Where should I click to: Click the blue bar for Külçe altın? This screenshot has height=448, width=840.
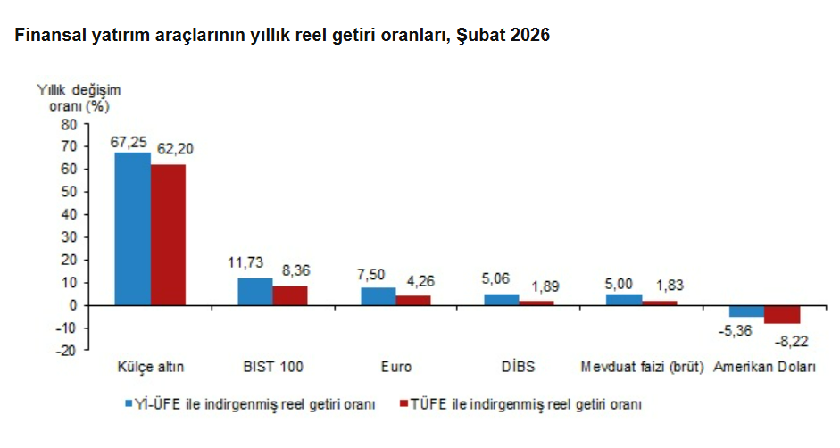coord(132,228)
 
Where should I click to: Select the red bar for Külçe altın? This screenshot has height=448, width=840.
coord(168,235)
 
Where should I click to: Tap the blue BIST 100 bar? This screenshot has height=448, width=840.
coord(255,292)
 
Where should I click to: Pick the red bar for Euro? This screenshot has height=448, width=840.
coord(413,301)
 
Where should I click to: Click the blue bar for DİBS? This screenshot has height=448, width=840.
coord(501,300)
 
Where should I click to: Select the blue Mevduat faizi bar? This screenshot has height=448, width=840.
coord(624,300)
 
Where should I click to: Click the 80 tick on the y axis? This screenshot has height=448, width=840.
coord(69,124)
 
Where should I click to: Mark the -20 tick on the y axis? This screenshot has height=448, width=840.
coord(65,351)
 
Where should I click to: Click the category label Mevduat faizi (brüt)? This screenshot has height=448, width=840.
coord(642,367)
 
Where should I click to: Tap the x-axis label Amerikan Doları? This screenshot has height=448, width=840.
coord(765,367)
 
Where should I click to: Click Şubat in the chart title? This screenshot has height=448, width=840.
coord(480,36)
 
